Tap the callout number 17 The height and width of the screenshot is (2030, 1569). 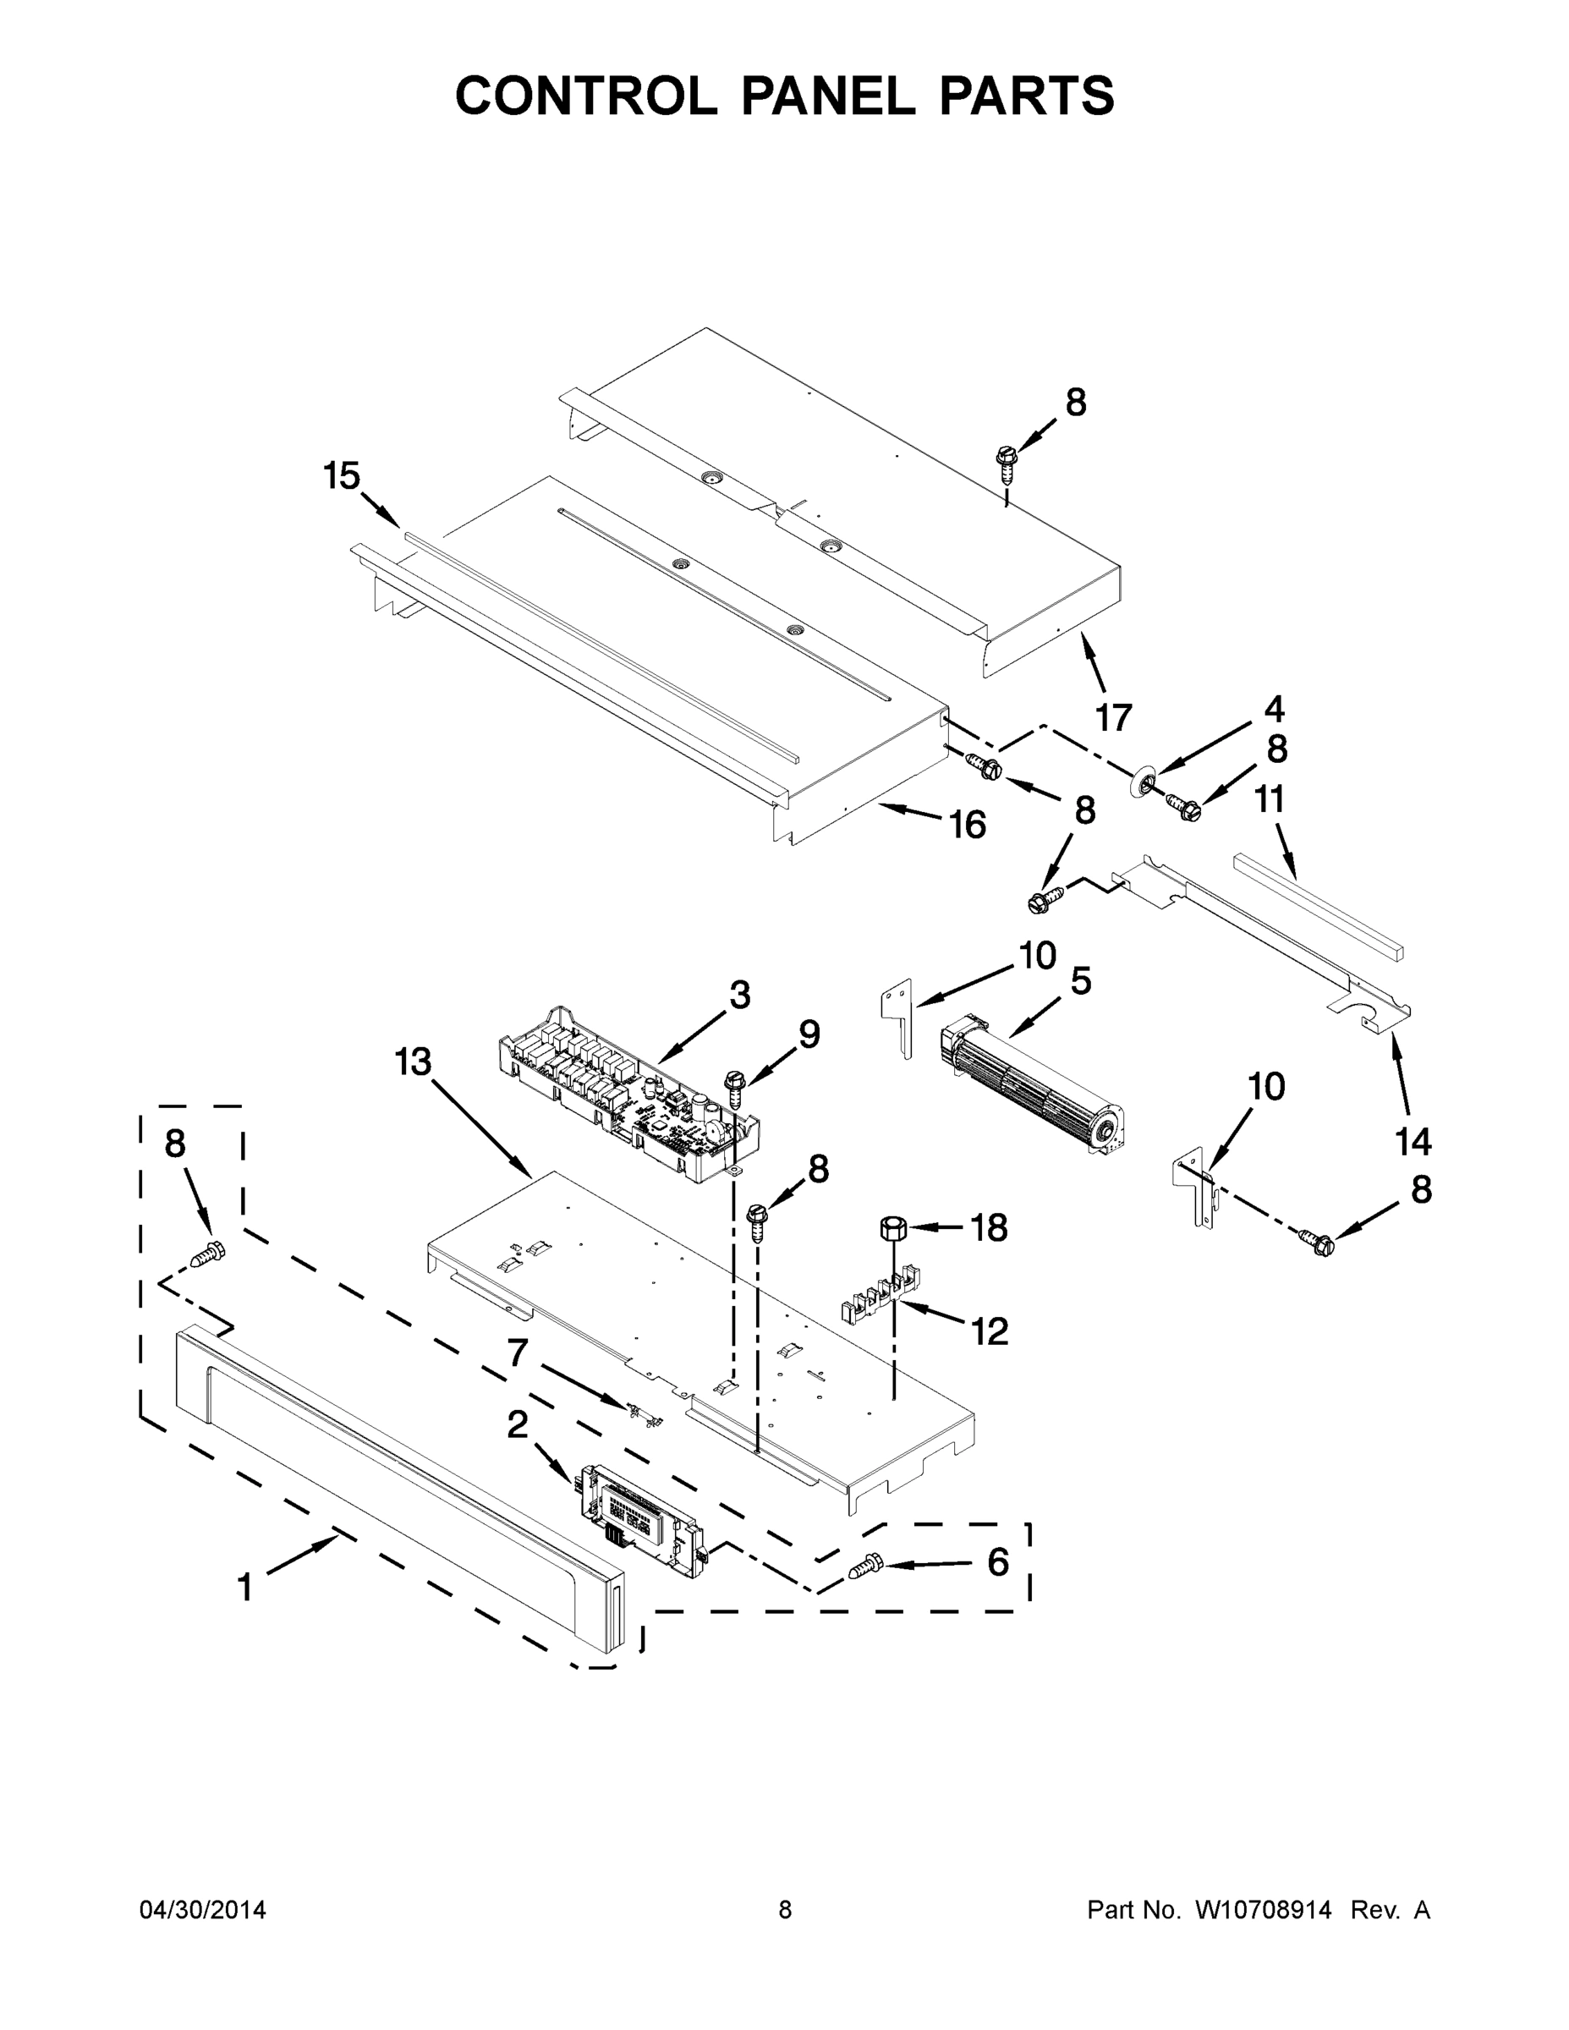click(1114, 717)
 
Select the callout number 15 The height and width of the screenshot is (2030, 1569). click(341, 476)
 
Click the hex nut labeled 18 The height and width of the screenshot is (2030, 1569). click(891, 1228)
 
